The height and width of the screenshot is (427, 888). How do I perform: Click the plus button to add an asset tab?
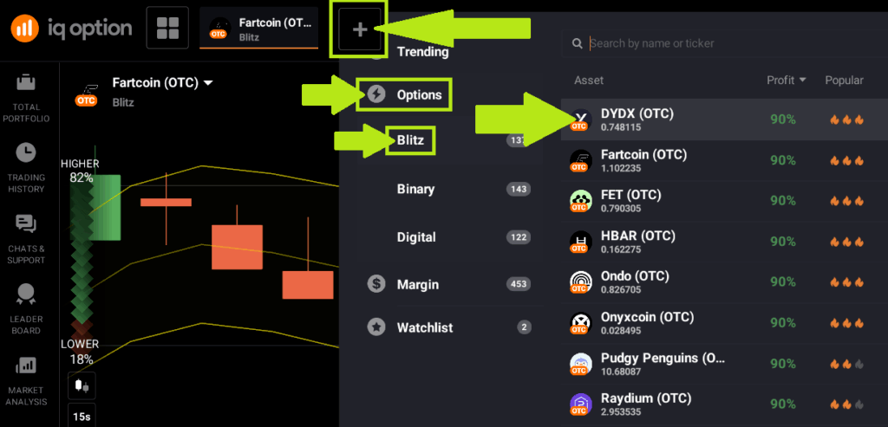[x=360, y=29]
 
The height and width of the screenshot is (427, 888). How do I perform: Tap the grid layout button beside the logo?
[x=167, y=28]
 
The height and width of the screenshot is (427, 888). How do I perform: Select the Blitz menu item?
[x=410, y=139]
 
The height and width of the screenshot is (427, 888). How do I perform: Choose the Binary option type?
[x=415, y=189]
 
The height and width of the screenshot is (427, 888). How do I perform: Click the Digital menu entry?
[x=416, y=237]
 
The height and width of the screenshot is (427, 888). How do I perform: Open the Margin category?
[x=418, y=284]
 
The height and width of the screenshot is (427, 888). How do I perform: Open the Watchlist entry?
[x=425, y=327]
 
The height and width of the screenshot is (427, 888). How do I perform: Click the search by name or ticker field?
[x=652, y=43]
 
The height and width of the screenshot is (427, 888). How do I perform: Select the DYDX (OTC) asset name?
[x=637, y=113]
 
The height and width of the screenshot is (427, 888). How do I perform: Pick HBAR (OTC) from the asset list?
[x=638, y=236]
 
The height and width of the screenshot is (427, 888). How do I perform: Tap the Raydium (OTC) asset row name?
[x=646, y=398]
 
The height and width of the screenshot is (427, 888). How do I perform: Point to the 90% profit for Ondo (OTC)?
[x=783, y=281]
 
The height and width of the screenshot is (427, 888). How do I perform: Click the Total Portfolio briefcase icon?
[x=25, y=82]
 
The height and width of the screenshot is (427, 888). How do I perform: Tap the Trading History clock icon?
[x=25, y=152]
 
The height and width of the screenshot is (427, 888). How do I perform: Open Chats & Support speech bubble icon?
[x=26, y=224]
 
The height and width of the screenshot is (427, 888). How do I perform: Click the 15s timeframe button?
[x=82, y=417]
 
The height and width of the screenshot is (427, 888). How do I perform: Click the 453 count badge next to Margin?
[x=519, y=284]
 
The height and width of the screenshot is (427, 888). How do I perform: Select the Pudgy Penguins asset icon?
[x=580, y=363]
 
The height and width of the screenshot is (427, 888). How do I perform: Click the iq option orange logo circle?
[x=25, y=29]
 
